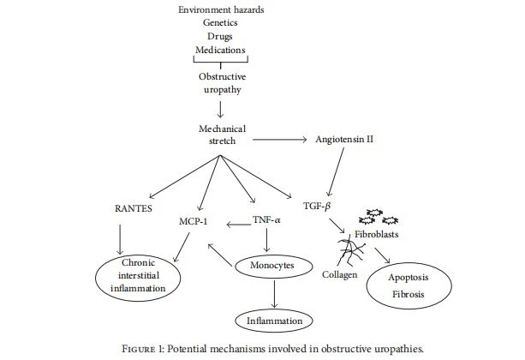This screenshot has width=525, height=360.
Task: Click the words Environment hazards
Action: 221,9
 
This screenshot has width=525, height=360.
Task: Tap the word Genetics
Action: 220,23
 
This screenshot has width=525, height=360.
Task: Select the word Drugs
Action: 220,37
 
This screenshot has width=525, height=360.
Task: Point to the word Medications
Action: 220,50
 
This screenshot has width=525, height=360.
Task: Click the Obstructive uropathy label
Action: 223,83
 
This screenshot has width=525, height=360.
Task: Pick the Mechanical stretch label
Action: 223,135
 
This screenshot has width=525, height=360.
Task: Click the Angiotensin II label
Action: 344,139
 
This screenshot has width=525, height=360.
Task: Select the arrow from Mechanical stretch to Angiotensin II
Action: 279,140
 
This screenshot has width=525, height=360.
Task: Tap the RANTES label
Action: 134,208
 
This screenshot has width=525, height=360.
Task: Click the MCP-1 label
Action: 194,221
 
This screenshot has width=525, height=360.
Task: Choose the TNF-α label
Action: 266,220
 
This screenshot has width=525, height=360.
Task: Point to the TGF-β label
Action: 317,206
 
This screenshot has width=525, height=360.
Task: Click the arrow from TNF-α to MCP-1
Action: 239,225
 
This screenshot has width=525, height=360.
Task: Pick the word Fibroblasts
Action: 377,234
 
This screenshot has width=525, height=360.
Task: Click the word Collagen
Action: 339,275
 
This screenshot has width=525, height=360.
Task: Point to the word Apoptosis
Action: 409,278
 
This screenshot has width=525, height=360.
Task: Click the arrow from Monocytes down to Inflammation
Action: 274,294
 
